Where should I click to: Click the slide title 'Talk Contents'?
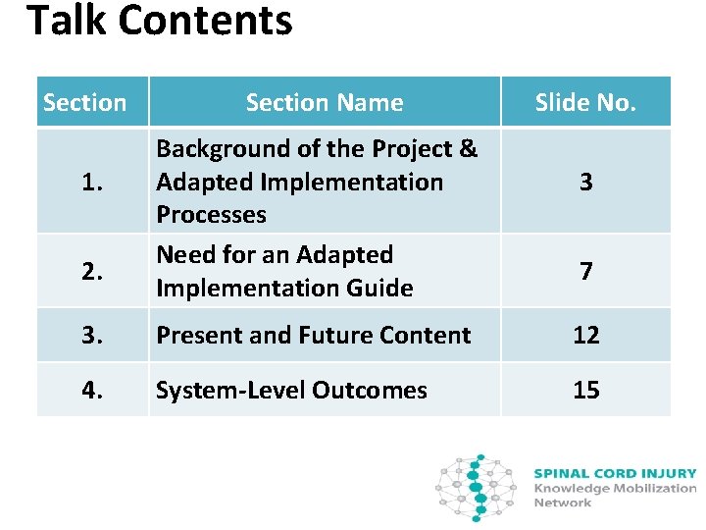point(159,22)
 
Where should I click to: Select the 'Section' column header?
point(85,102)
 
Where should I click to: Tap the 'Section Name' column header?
point(325,102)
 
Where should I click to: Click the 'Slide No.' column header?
point(585,102)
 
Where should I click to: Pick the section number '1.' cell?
point(91,182)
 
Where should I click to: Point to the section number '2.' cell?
point(91,271)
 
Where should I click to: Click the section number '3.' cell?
point(91,335)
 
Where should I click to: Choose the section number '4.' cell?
point(91,390)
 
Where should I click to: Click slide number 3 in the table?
point(585,182)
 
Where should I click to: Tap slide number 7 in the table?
point(585,271)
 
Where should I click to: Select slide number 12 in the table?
point(585,335)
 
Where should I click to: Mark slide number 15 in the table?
point(585,390)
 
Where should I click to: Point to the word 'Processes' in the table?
point(211,215)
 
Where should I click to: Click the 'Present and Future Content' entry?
point(314,335)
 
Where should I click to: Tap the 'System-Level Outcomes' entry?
point(292,390)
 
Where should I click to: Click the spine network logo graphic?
point(476,487)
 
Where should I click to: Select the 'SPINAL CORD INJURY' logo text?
point(615,473)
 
